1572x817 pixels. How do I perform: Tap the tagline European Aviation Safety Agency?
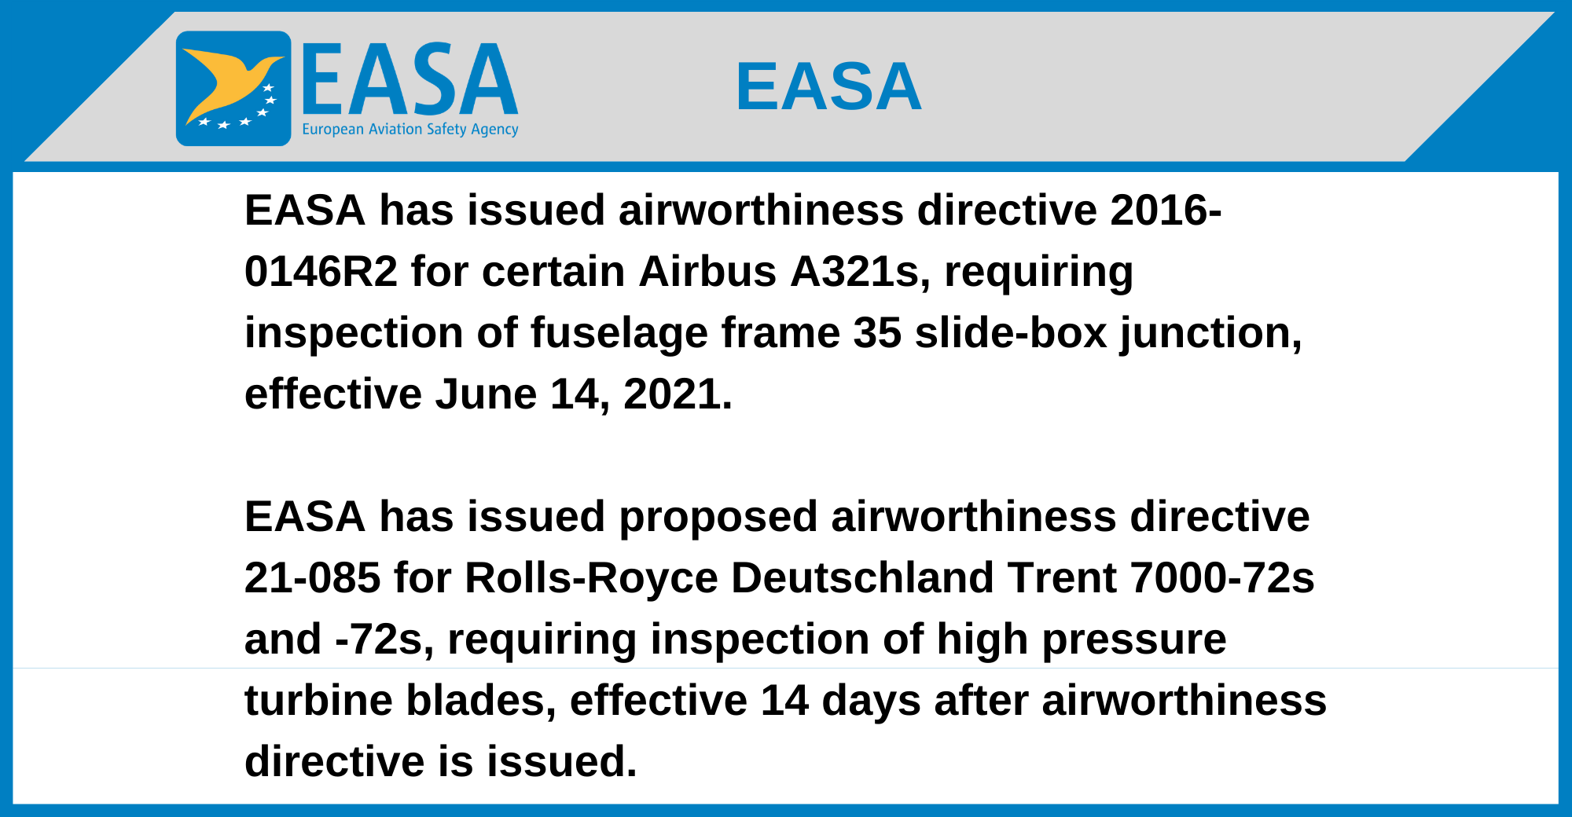(410, 130)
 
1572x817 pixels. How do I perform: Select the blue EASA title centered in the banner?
(828, 86)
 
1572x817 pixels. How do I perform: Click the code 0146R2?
(321, 272)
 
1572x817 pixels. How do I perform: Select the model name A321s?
(860, 272)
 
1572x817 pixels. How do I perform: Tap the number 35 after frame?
(877, 333)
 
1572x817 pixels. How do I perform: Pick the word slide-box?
(1011, 333)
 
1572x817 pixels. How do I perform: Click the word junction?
(1211, 333)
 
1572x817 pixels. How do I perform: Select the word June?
(485, 394)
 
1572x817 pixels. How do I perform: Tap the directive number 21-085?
(312, 578)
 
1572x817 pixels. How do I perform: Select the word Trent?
(1063, 578)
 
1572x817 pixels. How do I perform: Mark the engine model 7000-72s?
(1222, 578)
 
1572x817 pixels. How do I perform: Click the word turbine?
(318, 701)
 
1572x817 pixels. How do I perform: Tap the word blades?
(481, 701)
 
